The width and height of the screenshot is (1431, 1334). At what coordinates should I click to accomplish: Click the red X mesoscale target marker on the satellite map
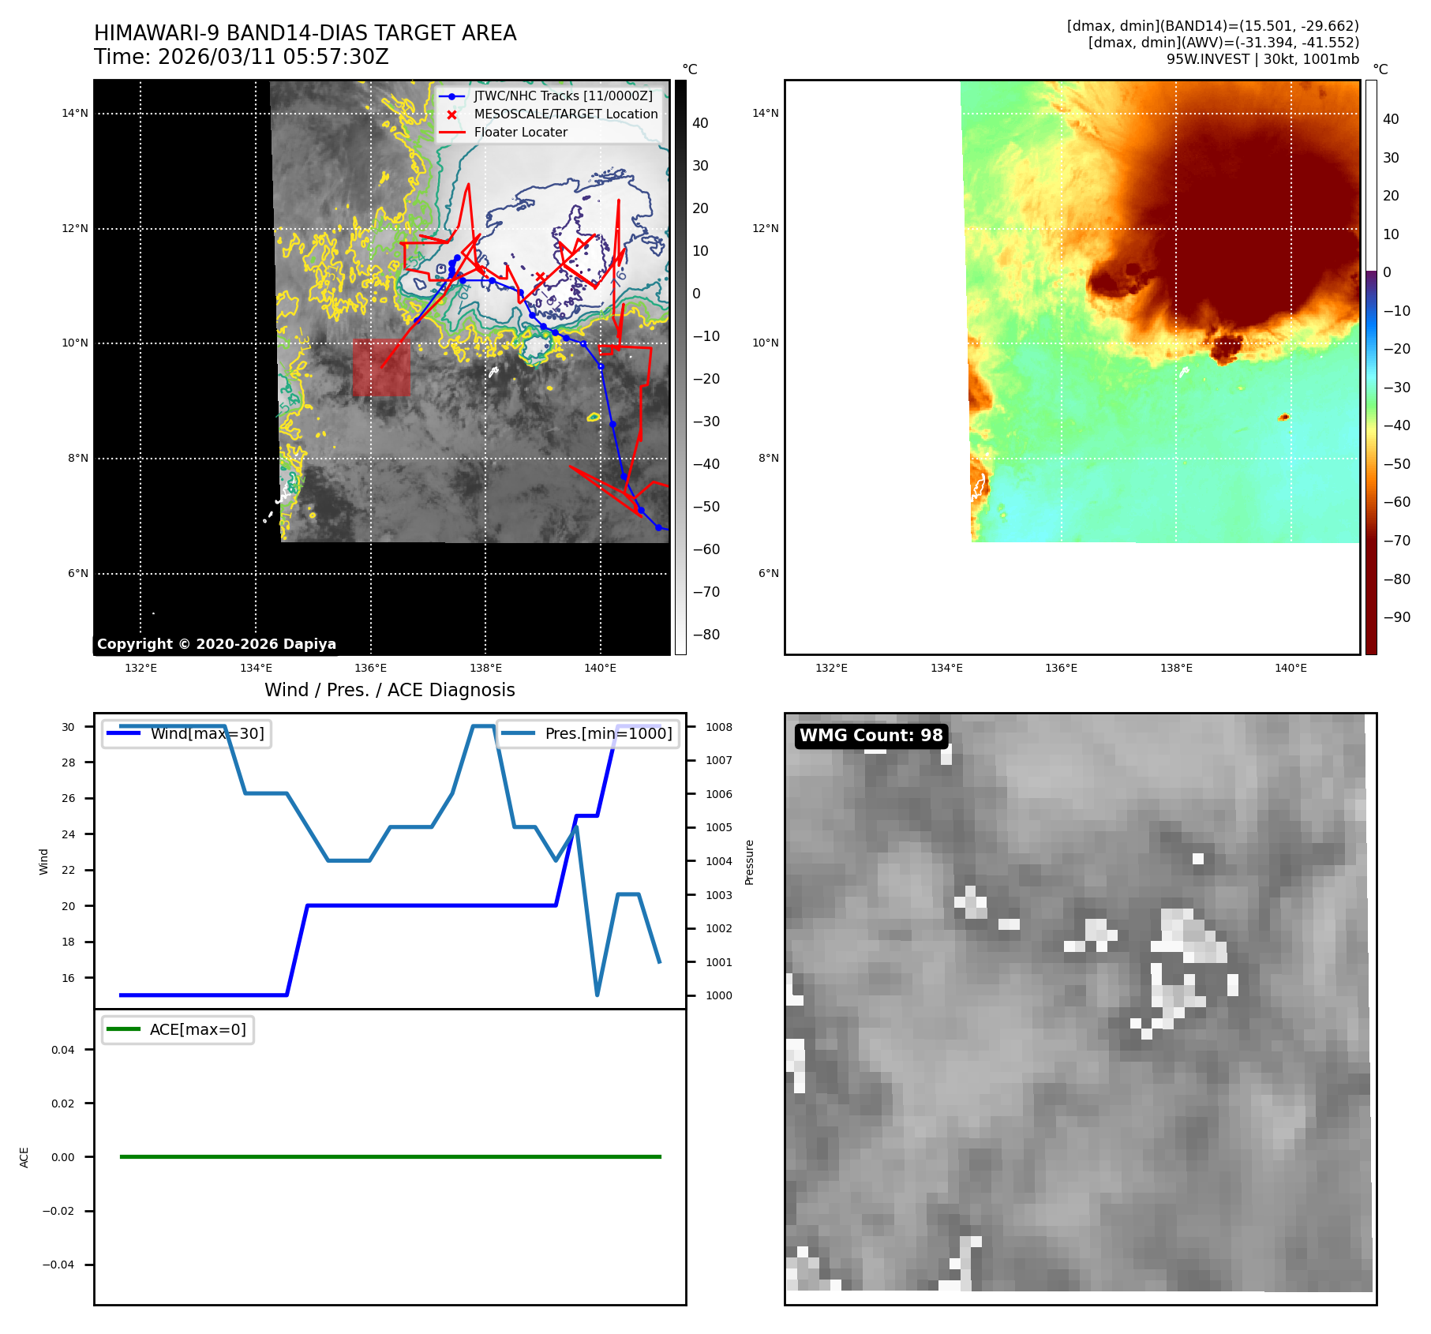pyautogui.click(x=541, y=277)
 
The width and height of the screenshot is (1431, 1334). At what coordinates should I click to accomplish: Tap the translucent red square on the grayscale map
pyautogui.click(x=381, y=367)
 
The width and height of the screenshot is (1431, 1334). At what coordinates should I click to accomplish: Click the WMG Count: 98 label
pyautogui.click(x=871, y=736)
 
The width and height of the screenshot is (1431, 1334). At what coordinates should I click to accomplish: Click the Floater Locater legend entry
pyautogui.click(x=520, y=133)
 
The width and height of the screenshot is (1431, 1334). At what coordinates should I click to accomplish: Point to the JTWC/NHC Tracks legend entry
pyautogui.click(x=563, y=96)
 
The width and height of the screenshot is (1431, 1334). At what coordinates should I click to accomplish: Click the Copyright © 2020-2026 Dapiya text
pyautogui.click(x=216, y=644)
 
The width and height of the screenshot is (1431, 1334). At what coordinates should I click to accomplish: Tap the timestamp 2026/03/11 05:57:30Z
pyautogui.click(x=273, y=58)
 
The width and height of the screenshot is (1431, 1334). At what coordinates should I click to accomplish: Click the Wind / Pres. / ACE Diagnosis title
pyautogui.click(x=389, y=690)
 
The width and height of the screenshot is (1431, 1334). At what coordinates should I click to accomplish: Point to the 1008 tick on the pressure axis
pyautogui.click(x=718, y=727)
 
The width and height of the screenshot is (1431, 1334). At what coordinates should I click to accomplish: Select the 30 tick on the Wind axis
pyautogui.click(x=69, y=727)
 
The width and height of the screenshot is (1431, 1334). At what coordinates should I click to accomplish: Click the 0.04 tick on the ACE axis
pyautogui.click(x=63, y=1050)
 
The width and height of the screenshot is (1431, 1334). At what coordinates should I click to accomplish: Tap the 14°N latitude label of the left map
pyautogui.click(x=75, y=114)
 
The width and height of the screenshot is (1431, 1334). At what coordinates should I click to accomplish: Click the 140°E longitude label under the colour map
pyautogui.click(x=1291, y=669)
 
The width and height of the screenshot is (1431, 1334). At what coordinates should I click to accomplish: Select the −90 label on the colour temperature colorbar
pyautogui.click(x=1396, y=617)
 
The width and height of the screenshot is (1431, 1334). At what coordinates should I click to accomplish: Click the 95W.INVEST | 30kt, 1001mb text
pyautogui.click(x=1262, y=59)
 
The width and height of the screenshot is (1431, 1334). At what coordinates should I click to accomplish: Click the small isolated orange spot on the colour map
pyautogui.click(x=1284, y=417)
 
